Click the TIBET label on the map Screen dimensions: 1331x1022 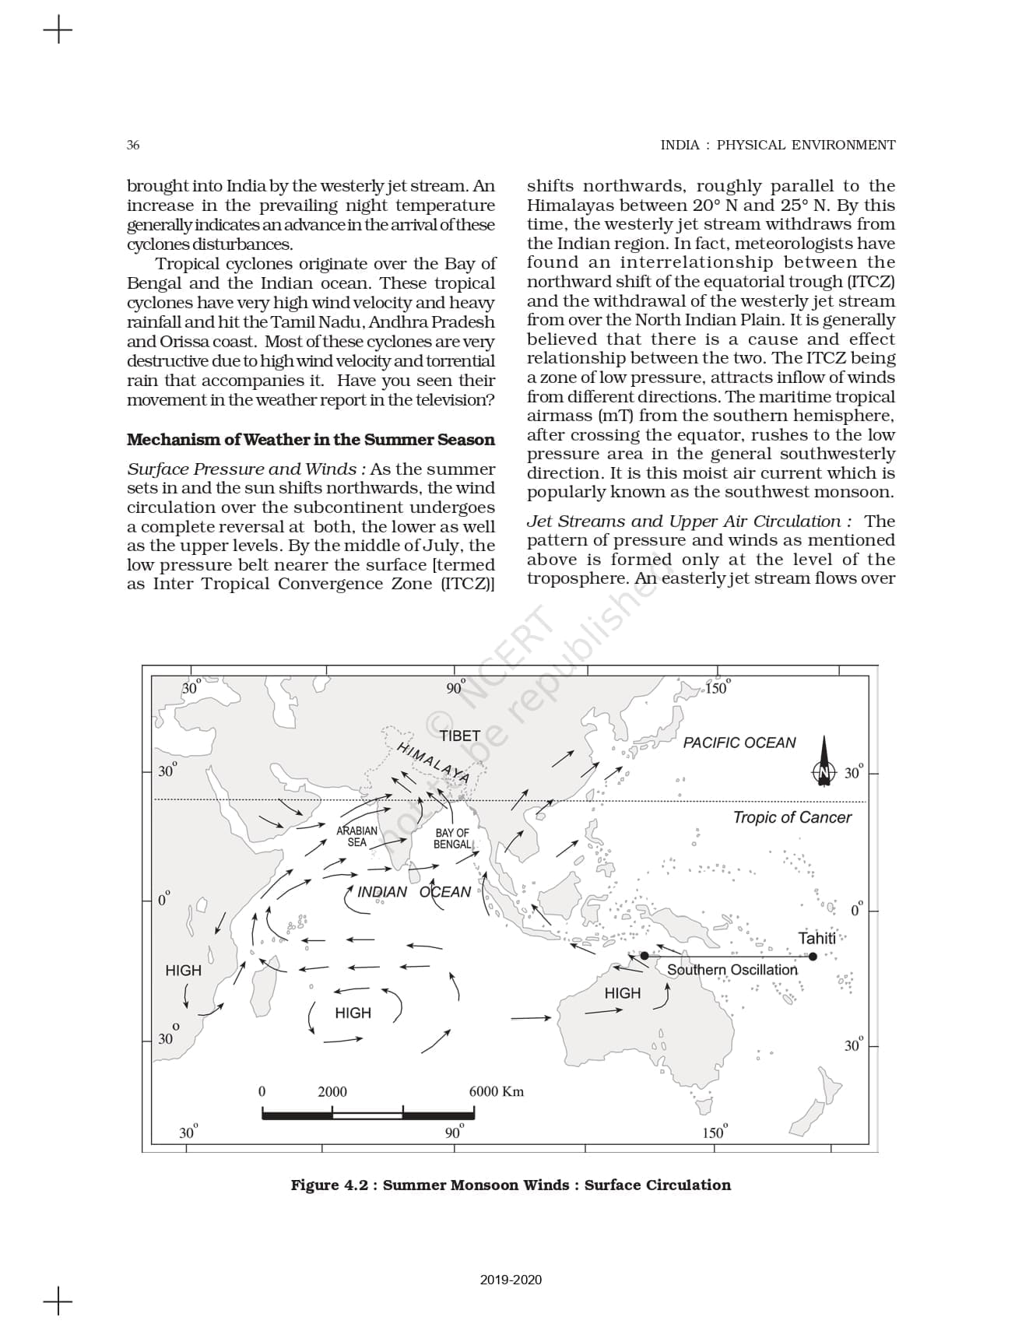[x=459, y=736]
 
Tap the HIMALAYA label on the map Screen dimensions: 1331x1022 [x=433, y=762]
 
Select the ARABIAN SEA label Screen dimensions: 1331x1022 [x=356, y=837]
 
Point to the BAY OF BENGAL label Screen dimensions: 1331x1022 [x=452, y=839]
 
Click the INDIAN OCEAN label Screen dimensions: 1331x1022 [x=413, y=892]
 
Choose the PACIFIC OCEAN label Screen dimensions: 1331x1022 [x=739, y=743]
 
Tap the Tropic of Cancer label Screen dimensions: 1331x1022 [x=792, y=817]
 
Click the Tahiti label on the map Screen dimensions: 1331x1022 [x=817, y=938]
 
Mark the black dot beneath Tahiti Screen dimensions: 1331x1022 [x=813, y=957]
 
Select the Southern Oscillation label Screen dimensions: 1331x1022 [x=732, y=970]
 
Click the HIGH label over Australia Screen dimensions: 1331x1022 [x=622, y=993]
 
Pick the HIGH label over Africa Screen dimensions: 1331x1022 [x=183, y=971]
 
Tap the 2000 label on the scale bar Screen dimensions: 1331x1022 [x=332, y=1091]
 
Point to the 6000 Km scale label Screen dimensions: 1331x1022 [x=496, y=1091]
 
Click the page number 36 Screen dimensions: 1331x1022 [x=133, y=145]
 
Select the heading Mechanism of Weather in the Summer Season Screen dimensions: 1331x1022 [x=311, y=440]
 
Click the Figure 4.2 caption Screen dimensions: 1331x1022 [x=511, y=1185]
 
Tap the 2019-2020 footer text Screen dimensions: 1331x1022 [x=511, y=1280]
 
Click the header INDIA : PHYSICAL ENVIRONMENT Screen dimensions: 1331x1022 [x=778, y=145]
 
